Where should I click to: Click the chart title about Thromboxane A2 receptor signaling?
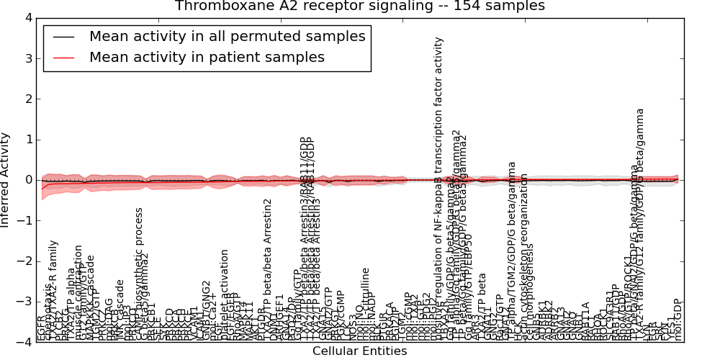click(x=359, y=6)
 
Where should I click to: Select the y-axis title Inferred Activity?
click(x=6, y=179)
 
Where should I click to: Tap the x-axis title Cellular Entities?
click(x=359, y=351)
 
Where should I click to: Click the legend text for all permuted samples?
click(x=227, y=36)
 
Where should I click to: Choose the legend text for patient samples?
click(x=207, y=57)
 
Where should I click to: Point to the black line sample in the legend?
click(x=63, y=37)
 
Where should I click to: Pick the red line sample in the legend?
click(x=63, y=58)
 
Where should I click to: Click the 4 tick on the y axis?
click(x=27, y=17)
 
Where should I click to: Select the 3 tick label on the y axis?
click(x=27, y=58)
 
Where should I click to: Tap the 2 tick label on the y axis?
click(x=27, y=99)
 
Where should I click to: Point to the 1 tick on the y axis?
click(x=27, y=140)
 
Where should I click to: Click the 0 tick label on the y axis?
click(x=27, y=180)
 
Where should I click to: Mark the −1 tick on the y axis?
click(x=24, y=221)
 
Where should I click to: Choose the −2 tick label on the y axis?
click(x=24, y=261)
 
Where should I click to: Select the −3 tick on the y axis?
click(x=24, y=302)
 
